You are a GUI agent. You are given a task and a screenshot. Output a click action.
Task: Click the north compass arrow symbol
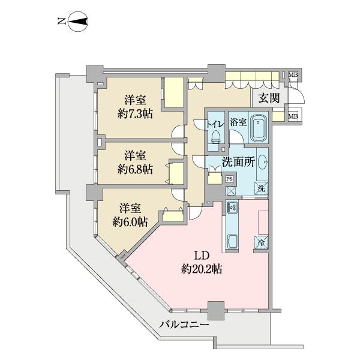pos(77,23)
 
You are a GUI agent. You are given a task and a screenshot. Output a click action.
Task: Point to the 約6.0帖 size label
pos(130,222)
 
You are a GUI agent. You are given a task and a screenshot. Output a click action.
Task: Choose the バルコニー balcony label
pos(185,325)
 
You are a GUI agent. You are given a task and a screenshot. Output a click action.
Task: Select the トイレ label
pos(215,123)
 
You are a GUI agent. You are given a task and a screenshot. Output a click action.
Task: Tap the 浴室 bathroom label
pos(238,122)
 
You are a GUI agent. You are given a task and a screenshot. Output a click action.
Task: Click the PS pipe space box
pos(229,178)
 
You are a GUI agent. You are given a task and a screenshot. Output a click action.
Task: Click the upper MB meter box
pos(293,75)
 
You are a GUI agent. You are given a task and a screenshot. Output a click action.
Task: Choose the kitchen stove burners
pos(232,208)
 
